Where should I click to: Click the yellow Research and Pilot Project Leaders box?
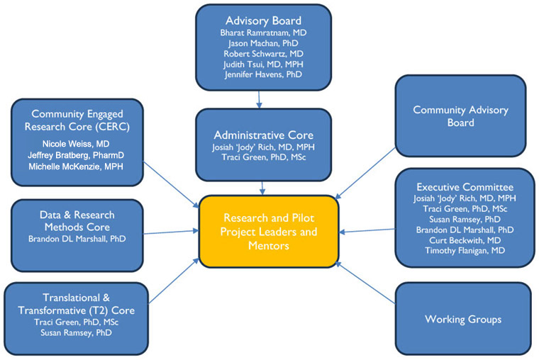click(x=269, y=232)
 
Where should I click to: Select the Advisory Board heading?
click(x=262, y=20)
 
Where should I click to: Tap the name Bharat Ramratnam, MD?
click(x=263, y=33)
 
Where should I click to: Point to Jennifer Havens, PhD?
click(x=263, y=74)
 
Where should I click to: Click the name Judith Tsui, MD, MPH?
click(x=263, y=64)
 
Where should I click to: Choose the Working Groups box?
click(x=462, y=319)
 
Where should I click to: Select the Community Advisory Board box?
click(x=462, y=117)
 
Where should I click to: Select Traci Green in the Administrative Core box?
click(x=263, y=159)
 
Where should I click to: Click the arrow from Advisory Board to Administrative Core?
click(x=259, y=102)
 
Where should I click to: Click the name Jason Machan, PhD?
click(x=263, y=43)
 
